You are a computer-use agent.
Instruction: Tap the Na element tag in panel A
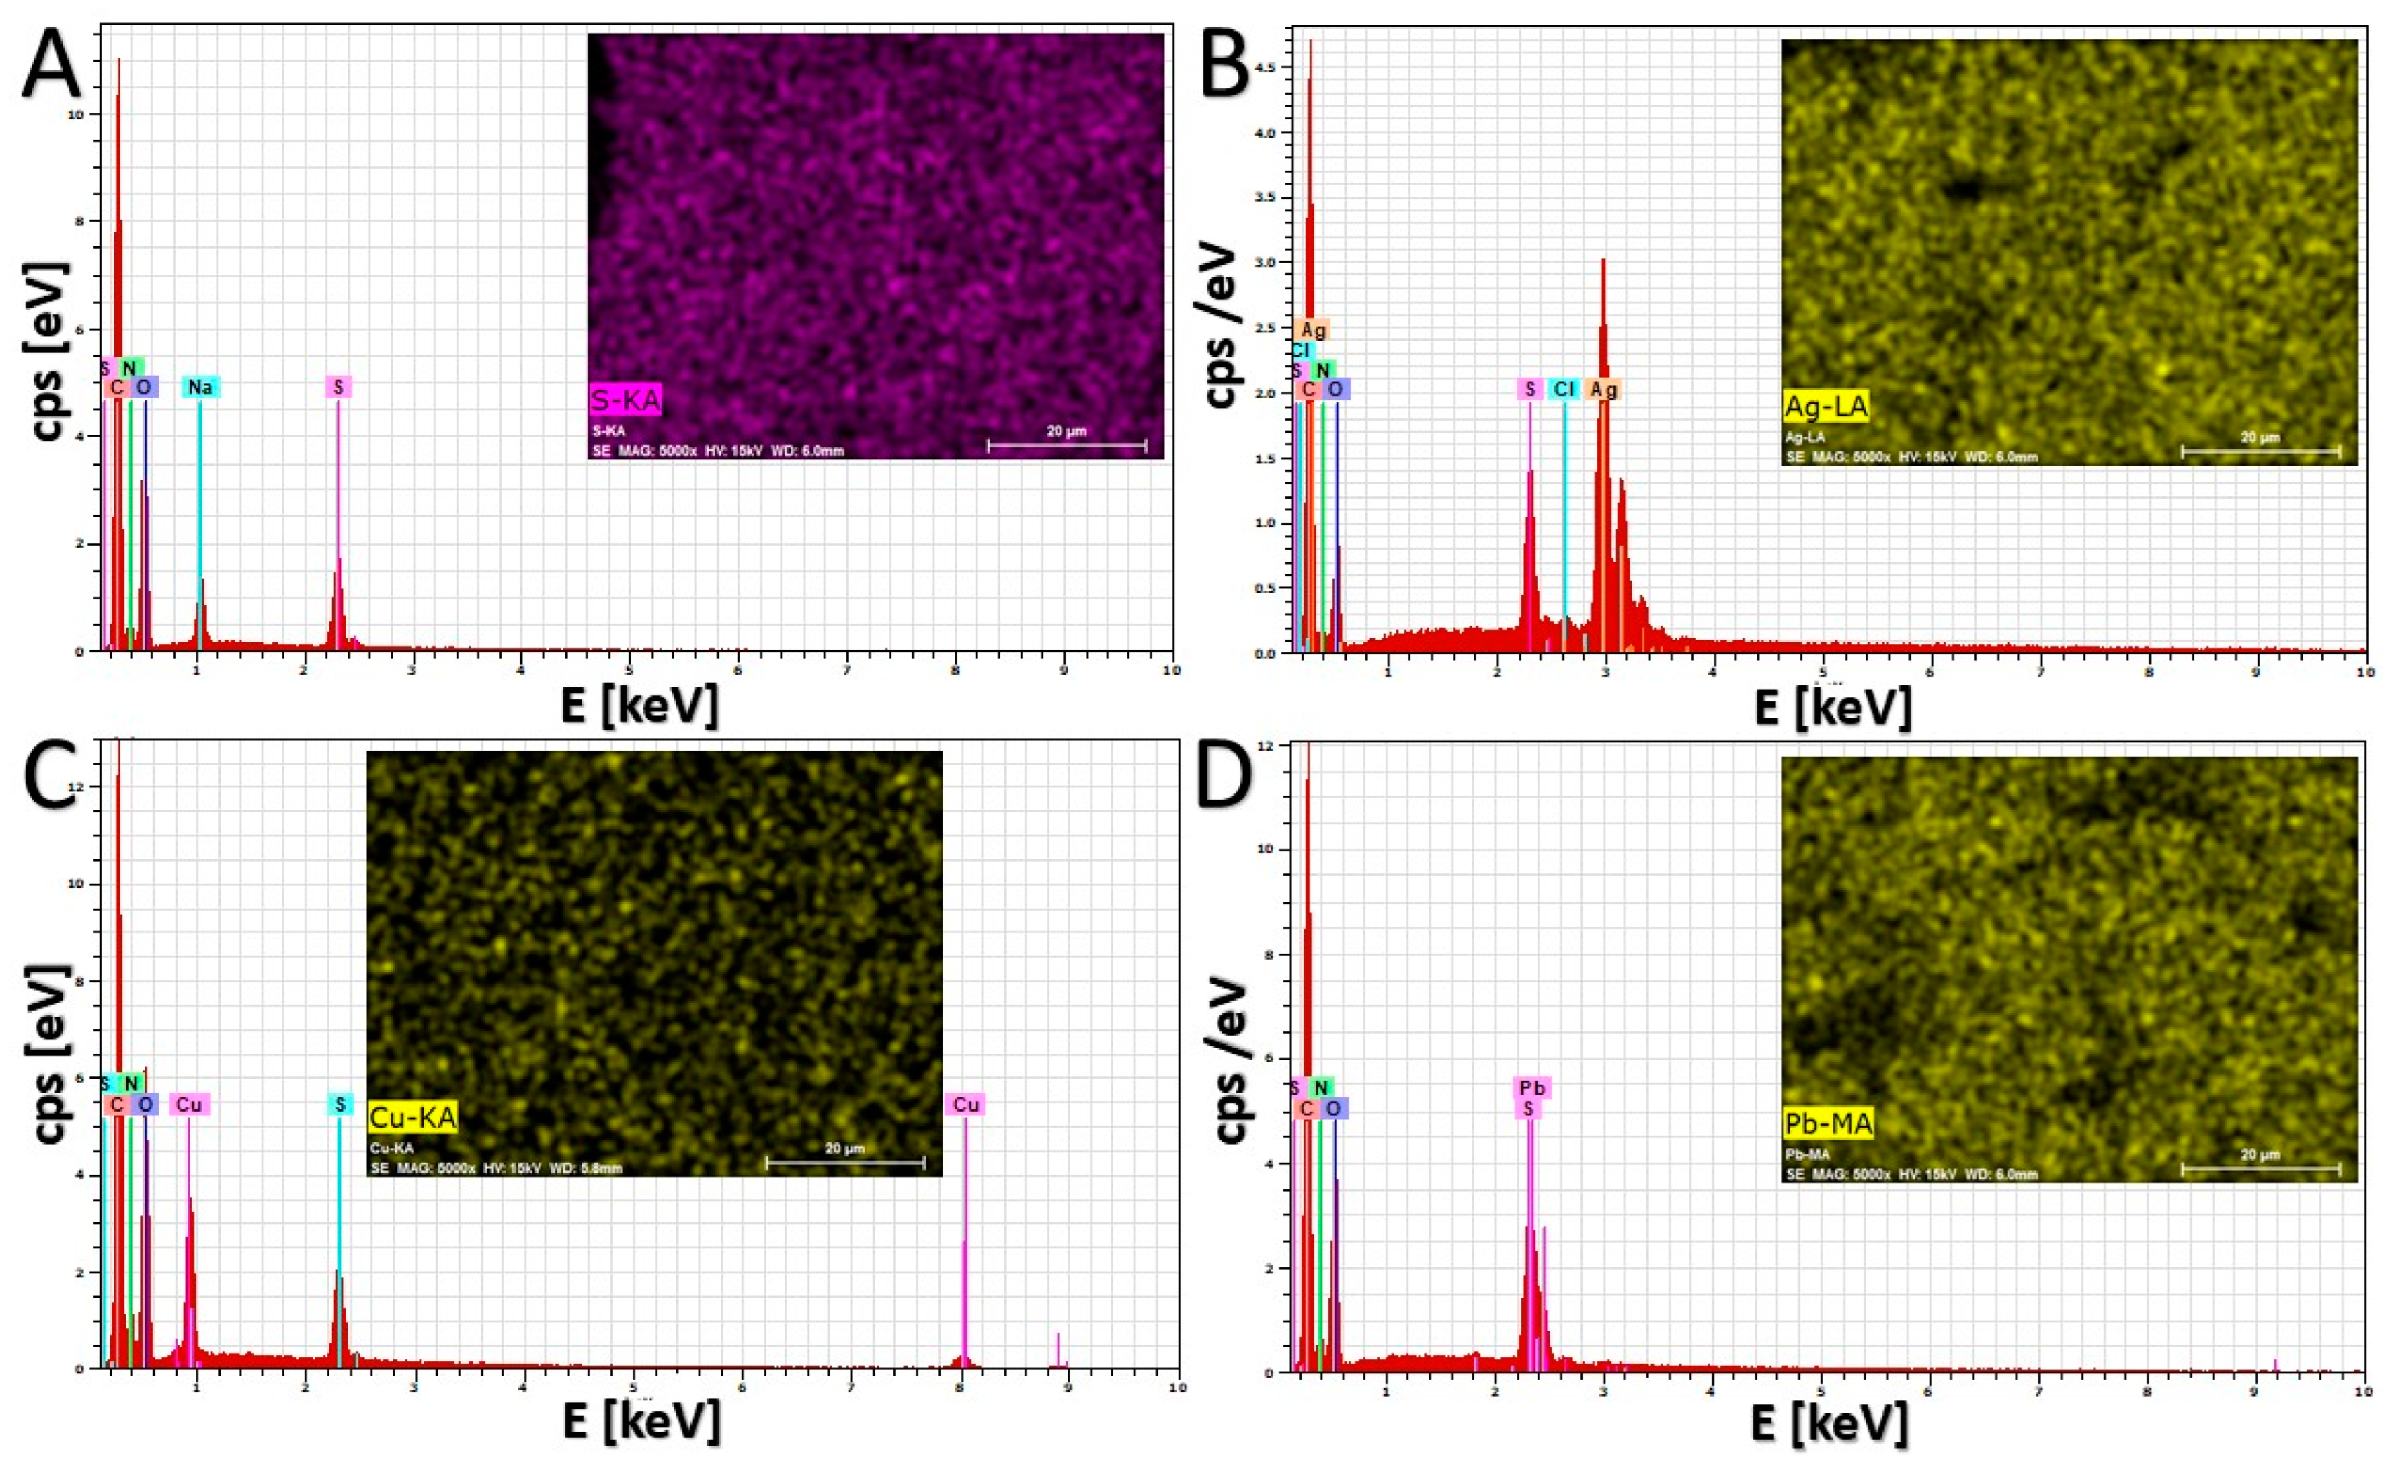(x=200, y=388)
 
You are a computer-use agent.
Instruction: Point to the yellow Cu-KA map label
(x=412, y=1119)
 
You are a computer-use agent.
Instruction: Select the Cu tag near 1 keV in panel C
(x=189, y=1104)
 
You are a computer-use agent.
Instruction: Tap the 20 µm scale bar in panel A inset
(x=1066, y=444)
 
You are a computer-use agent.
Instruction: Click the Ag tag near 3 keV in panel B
(x=1604, y=389)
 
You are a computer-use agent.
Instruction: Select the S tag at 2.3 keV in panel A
(x=338, y=388)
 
